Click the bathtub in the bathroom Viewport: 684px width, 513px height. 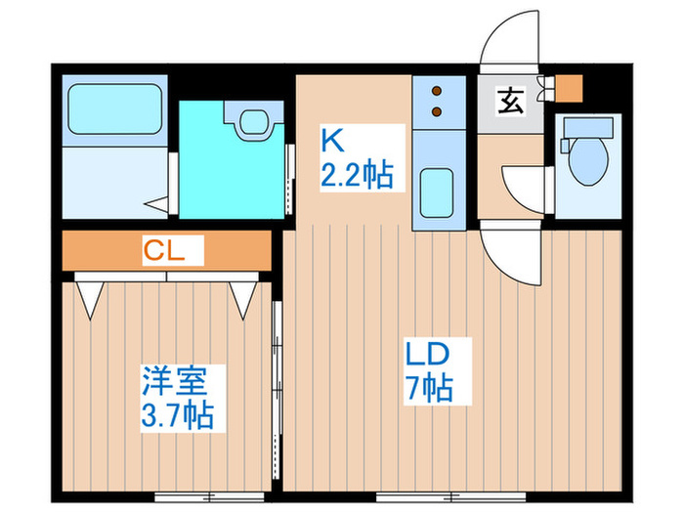click(115, 109)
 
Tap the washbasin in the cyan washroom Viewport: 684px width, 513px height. click(253, 121)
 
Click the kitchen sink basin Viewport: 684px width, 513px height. click(436, 192)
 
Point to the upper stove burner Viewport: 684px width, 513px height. click(437, 91)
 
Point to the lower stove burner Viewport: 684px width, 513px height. click(437, 111)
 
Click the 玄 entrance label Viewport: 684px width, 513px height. click(510, 101)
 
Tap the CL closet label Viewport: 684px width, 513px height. click(164, 251)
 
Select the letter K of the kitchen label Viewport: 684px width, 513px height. click(333, 140)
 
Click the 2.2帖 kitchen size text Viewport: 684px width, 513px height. click(357, 175)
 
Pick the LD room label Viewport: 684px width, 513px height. click(428, 354)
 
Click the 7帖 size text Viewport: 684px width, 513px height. click(430, 387)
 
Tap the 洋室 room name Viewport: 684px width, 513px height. click(175, 380)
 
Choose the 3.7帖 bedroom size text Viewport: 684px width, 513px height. click(177, 415)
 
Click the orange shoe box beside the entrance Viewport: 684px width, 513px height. click(569, 89)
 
